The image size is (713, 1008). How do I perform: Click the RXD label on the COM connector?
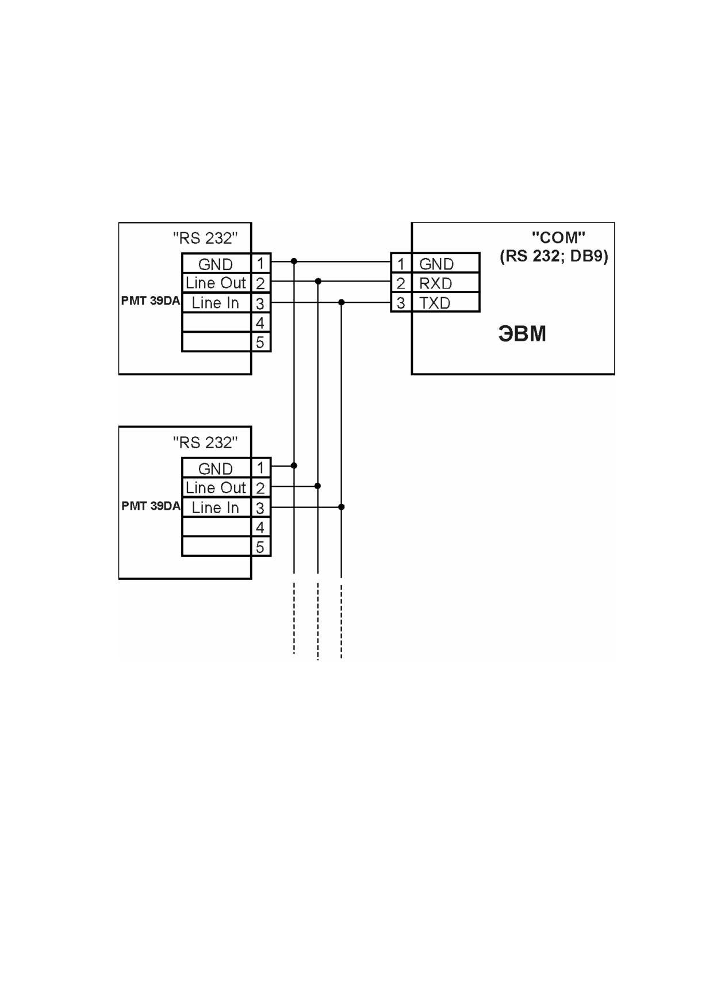click(x=435, y=283)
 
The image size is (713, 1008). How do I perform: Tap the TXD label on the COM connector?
click(x=435, y=303)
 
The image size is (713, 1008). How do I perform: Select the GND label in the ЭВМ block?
click(x=436, y=264)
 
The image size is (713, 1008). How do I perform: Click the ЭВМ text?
click(x=522, y=334)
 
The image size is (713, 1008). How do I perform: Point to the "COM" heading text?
click(x=558, y=237)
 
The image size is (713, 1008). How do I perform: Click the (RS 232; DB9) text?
click(x=554, y=256)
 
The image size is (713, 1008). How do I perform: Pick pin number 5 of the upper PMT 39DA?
click(x=260, y=343)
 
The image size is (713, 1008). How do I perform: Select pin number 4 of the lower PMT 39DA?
click(x=260, y=527)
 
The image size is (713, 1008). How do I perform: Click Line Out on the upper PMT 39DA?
click(x=216, y=283)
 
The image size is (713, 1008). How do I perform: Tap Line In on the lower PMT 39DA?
click(x=215, y=507)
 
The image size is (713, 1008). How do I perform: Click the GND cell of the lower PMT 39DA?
click(x=216, y=468)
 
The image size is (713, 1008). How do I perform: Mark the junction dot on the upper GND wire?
click(x=294, y=261)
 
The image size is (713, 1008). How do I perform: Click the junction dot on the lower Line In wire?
click(x=342, y=507)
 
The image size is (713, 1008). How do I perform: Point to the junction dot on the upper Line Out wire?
click(x=318, y=281)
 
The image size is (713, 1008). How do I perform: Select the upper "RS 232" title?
click(x=205, y=238)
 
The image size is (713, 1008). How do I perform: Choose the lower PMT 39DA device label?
click(x=151, y=506)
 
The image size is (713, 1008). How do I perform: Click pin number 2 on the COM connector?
click(x=401, y=283)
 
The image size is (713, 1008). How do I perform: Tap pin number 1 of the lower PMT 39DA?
click(x=260, y=468)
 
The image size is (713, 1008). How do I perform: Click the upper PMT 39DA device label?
click(x=150, y=301)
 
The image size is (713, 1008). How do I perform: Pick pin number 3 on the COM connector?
click(x=401, y=303)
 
